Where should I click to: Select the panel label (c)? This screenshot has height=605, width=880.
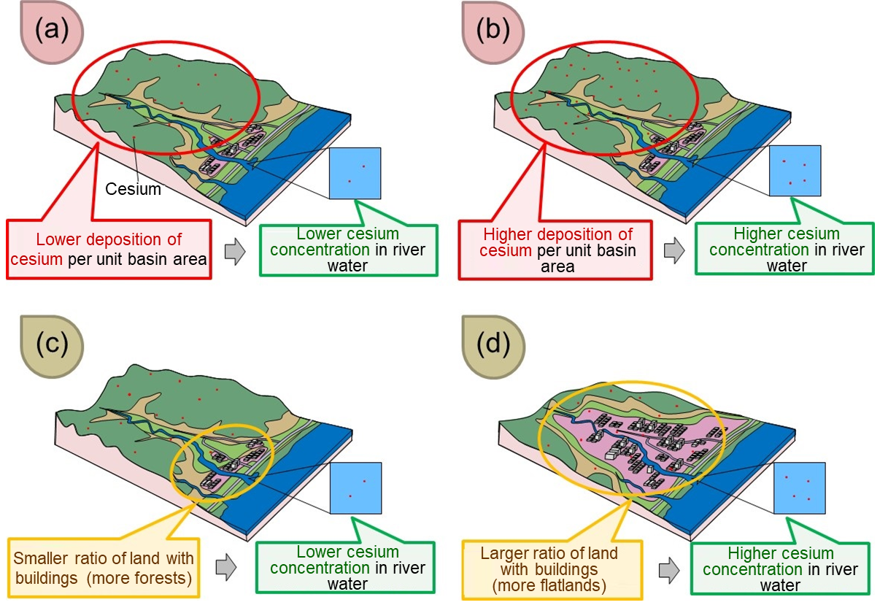[53, 344]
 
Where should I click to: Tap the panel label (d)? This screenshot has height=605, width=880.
[493, 344]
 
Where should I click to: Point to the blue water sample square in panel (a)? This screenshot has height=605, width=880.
[355, 173]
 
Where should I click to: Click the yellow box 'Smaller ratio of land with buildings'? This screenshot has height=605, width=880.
[104, 567]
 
